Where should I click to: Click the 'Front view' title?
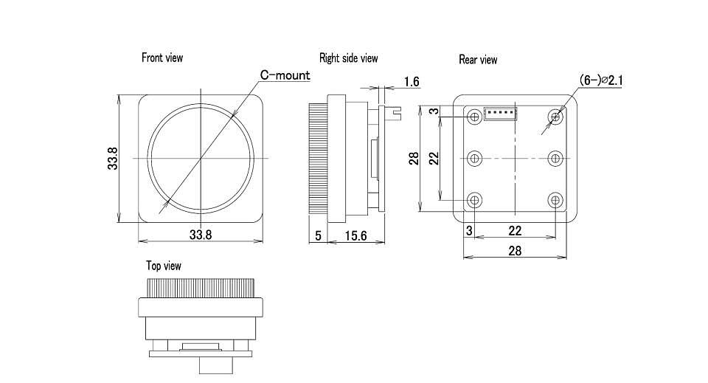[162, 58]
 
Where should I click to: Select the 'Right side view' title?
[348, 58]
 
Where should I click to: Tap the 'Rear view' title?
[478, 60]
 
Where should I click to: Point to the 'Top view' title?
[164, 266]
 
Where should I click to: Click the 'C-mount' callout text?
[285, 75]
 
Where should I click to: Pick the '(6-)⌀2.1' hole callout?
[600, 80]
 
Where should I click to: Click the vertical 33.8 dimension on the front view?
[112, 159]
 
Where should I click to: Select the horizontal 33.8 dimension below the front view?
[201, 235]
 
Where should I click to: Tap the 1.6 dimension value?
[412, 82]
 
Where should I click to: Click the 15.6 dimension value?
[355, 235]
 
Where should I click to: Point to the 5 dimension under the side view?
[319, 235]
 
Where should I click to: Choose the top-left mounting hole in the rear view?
[474, 117]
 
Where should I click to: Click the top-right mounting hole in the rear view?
[555, 117]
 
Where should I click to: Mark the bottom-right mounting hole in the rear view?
[555, 200]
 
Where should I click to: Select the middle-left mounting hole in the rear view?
[474, 159]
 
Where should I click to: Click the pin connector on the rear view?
[500, 114]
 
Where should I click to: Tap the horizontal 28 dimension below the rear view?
[515, 251]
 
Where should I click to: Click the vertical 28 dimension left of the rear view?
[414, 158]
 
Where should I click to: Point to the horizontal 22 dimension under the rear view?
[515, 231]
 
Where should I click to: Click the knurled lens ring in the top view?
[201, 288]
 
